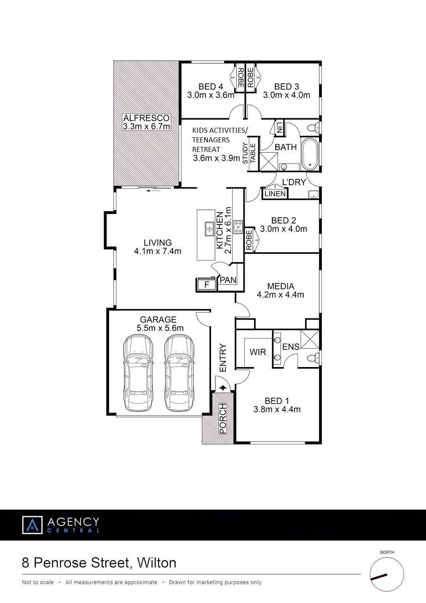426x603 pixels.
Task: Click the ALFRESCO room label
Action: click(146, 118)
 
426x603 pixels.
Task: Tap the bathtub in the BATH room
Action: click(310, 154)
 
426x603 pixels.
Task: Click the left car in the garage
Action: click(138, 373)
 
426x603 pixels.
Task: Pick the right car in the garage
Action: click(179, 373)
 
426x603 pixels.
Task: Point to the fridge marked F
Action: click(206, 284)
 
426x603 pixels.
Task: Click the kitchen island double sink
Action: click(210, 229)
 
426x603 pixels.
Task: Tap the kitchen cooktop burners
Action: click(238, 227)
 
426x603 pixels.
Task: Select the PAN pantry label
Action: click(228, 280)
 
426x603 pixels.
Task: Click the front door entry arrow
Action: click(223, 388)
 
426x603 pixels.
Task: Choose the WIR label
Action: click(258, 352)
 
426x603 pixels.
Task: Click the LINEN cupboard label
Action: click(275, 194)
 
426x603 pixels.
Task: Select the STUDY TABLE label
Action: click(249, 153)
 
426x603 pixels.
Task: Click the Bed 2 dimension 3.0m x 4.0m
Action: click(283, 229)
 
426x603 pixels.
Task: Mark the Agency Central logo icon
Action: click(32, 525)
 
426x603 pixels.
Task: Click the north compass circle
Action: click(387, 574)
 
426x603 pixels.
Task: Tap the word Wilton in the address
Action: click(156, 563)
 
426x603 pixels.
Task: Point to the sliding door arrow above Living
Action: click(154, 191)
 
